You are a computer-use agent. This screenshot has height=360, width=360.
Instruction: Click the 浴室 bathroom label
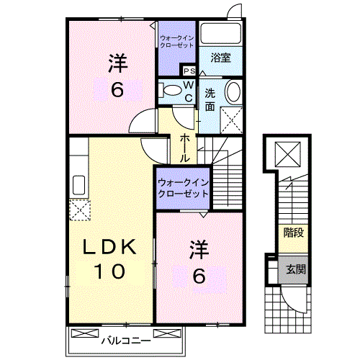click(221, 58)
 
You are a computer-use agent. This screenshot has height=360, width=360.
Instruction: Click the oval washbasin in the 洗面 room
click(233, 91)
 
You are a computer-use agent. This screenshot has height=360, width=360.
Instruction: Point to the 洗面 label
click(210, 99)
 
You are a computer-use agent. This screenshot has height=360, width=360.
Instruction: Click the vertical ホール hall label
click(185, 146)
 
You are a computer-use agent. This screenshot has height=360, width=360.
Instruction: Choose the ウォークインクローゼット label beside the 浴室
click(177, 41)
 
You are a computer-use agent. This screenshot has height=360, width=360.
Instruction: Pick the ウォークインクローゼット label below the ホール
click(183, 188)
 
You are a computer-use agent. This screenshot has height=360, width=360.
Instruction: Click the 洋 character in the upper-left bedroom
click(117, 63)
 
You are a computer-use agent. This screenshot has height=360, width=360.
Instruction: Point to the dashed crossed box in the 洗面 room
click(232, 118)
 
